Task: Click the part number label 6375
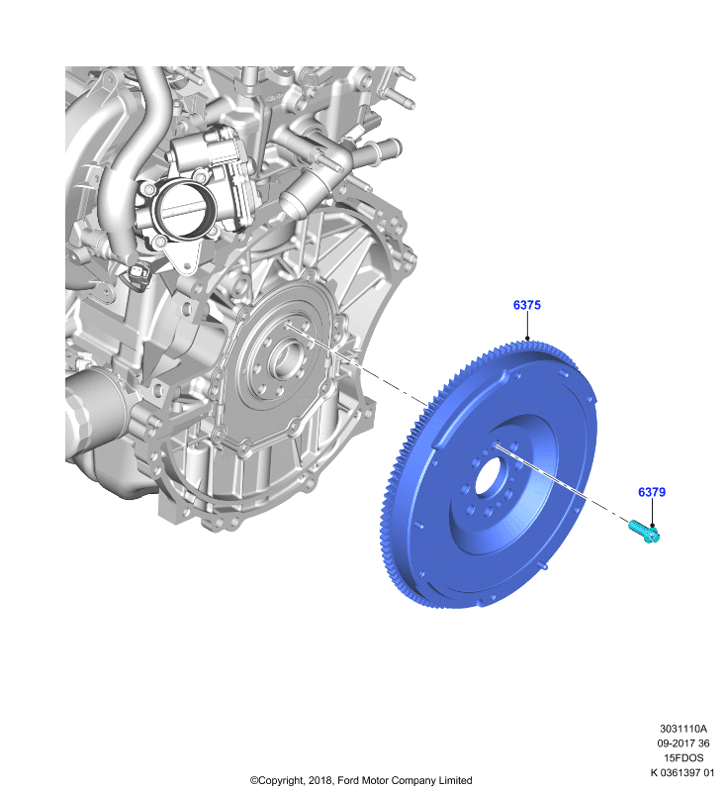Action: [x=527, y=305]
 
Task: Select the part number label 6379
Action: [x=652, y=492]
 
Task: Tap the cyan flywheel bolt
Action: [x=644, y=532]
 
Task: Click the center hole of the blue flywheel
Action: [x=489, y=475]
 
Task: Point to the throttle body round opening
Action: [x=185, y=209]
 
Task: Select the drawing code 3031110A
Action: [x=683, y=729]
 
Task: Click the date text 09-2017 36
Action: [x=683, y=743]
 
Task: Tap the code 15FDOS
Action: [x=683, y=758]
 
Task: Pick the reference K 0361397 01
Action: [x=682, y=773]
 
